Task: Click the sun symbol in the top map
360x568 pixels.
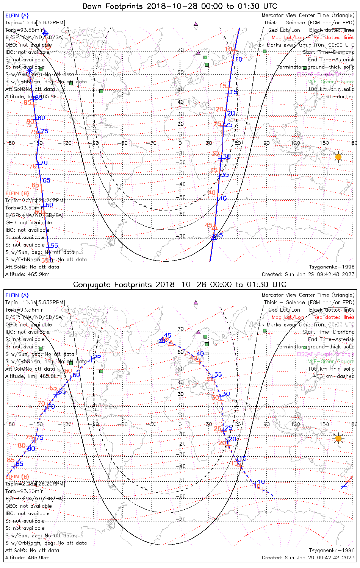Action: (338, 157)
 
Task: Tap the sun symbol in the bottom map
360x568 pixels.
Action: (338, 438)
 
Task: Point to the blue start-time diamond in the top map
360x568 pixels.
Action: (45, 33)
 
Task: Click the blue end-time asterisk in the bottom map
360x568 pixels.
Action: (343, 486)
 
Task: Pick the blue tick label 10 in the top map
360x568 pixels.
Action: (238, 59)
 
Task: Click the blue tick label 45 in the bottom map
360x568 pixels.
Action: (167, 335)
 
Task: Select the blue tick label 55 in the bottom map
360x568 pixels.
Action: (97, 356)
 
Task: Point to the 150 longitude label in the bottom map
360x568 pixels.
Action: (324, 424)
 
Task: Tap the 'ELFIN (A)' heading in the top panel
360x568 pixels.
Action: (17, 16)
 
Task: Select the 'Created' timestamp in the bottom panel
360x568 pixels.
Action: (308, 558)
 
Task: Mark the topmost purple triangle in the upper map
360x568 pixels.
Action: (196, 23)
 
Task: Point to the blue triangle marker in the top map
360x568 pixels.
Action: (214, 237)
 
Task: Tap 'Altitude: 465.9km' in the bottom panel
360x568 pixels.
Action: (27, 558)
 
